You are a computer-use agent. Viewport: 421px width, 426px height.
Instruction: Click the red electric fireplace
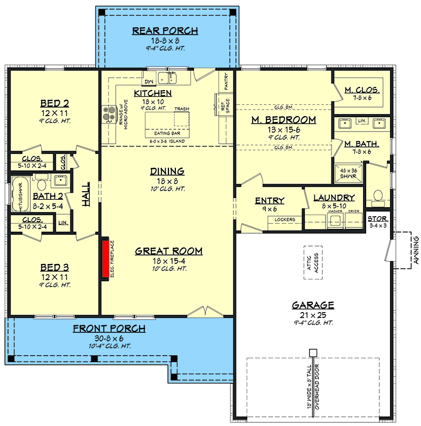105,258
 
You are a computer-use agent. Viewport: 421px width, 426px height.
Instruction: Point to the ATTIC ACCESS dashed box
313,263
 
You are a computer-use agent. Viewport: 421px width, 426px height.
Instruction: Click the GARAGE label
313,305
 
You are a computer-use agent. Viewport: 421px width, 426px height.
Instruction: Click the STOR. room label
378,218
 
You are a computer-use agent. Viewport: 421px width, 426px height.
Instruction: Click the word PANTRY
226,83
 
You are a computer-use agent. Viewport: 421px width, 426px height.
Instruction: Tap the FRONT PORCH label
109,329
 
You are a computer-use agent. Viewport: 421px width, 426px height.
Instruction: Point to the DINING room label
167,171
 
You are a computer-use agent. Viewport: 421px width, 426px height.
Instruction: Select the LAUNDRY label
334,198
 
